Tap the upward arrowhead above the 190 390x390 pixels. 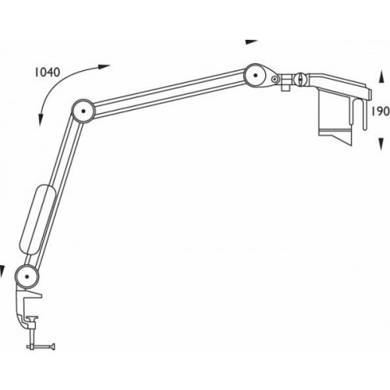(380, 76)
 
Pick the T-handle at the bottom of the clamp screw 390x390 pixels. (37, 343)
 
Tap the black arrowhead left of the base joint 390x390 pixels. (3, 272)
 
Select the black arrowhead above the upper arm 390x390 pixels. (250, 41)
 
